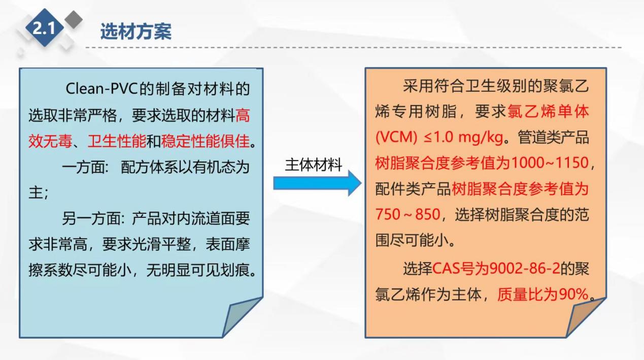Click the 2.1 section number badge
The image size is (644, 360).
pos(45,28)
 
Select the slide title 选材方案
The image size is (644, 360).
pos(136,31)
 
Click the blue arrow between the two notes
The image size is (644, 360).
pos(317,183)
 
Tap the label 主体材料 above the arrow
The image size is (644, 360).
pos(314,165)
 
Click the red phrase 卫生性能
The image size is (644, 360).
pos(117,141)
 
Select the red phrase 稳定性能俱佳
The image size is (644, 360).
pos(205,141)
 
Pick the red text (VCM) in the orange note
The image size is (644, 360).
pos(396,138)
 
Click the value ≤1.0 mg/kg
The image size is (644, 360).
pos(463,138)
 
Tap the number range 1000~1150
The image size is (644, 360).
pos(550,163)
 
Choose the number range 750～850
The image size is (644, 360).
pos(408,214)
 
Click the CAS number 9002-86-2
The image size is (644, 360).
pos(525,269)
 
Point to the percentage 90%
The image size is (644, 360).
pos(573,294)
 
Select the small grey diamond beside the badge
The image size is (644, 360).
pos(74,20)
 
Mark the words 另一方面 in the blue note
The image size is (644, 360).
pos(91,219)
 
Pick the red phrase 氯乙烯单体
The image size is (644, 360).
pos(548,112)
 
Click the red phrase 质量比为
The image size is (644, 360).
pos(528,294)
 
